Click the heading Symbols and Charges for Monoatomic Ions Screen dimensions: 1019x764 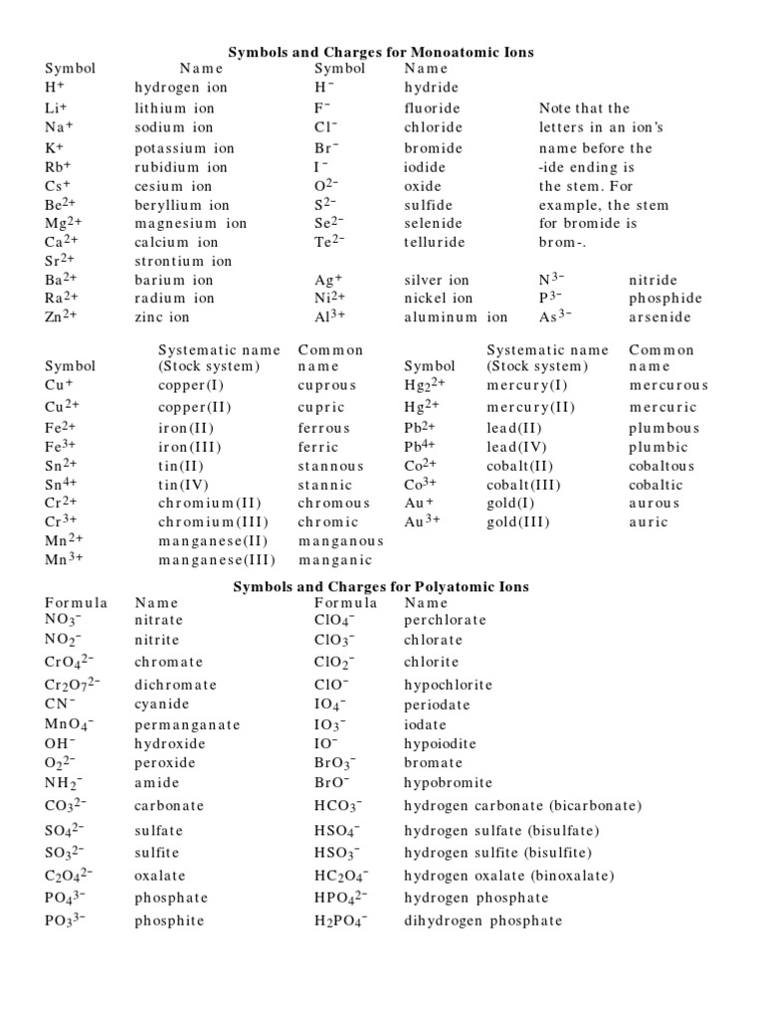pyautogui.click(x=382, y=51)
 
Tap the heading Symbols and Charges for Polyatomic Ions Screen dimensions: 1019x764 pyautogui.click(x=381, y=587)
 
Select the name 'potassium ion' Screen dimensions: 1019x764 pyautogui.click(x=184, y=148)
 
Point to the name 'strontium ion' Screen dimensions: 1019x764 pyautogui.click(x=183, y=261)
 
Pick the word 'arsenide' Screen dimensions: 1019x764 pyautogui.click(x=661, y=317)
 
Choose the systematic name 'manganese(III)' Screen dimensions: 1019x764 pyautogui.click(x=217, y=560)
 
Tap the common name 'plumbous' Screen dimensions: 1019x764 pyautogui.click(x=664, y=428)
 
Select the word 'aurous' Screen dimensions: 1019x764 pyautogui.click(x=655, y=504)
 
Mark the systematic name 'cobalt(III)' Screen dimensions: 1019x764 pyautogui.click(x=524, y=486)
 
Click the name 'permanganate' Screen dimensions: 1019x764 pyautogui.click(x=187, y=725)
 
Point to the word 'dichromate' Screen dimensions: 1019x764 pyautogui.click(x=175, y=686)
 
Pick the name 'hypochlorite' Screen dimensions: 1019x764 pyautogui.click(x=448, y=686)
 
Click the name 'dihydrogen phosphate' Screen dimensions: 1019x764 pyautogui.click(x=482, y=920)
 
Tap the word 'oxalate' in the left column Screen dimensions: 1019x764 pyautogui.click(x=160, y=877)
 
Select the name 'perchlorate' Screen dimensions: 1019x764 pyautogui.click(x=445, y=620)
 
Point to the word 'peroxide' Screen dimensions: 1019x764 pyautogui.click(x=165, y=763)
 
